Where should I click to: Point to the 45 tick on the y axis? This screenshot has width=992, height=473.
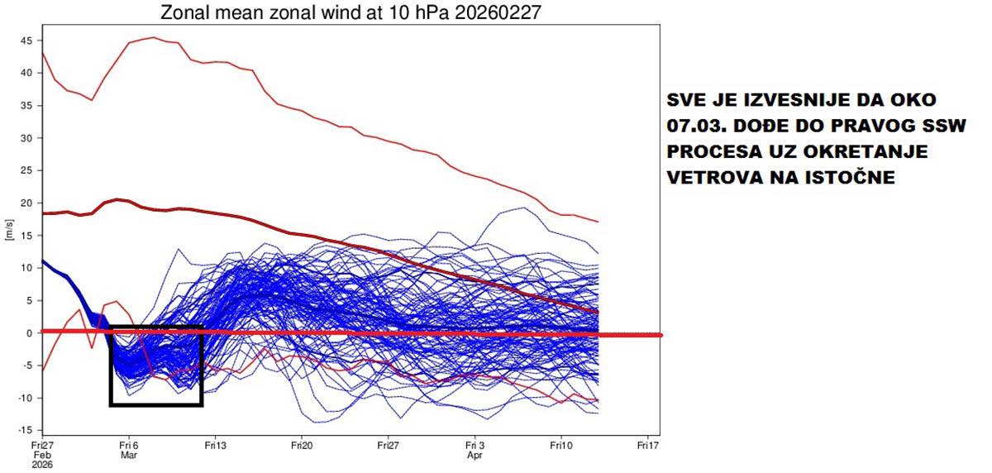coord(26,40)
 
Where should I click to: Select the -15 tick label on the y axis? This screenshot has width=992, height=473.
coord(25,430)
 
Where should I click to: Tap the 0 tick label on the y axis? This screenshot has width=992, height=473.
coord(29,333)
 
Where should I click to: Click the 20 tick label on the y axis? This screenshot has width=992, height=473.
coord(26,203)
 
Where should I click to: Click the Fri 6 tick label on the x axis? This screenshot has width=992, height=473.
coord(128,444)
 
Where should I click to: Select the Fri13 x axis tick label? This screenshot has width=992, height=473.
coord(215,444)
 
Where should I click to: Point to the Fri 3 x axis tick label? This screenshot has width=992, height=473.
coord(475,444)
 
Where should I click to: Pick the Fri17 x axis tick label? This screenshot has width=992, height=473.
coord(648,444)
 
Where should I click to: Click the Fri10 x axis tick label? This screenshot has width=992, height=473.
coord(561,444)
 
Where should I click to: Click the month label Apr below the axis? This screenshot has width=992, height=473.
coord(475,455)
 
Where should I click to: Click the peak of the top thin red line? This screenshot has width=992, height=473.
coord(154,37)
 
